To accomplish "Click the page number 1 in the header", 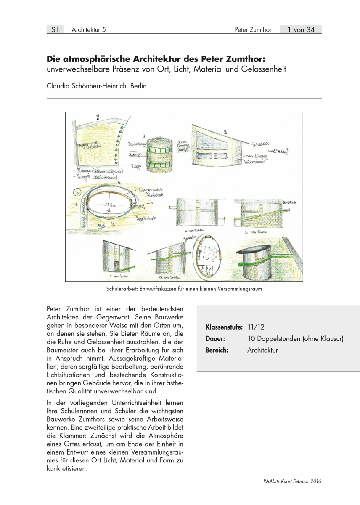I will pyautogui.click(x=290, y=29).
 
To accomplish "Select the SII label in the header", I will pyautogui.click(x=55, y=29).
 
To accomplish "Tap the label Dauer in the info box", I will pyautogui.click(x=214, y=338).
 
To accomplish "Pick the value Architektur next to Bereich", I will pyautogui.click(x=262, y=350).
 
